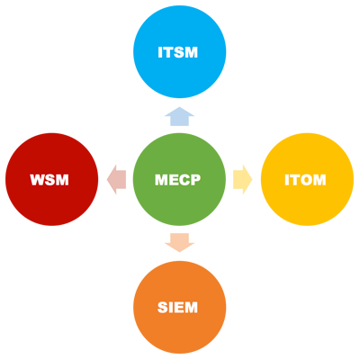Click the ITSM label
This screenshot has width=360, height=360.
click(179, 53)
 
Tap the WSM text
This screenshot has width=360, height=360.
click(49, 180)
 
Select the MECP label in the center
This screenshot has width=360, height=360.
click(179, 180)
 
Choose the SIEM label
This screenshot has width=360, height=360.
click(179, 308)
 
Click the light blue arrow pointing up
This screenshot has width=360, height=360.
click(179, 117)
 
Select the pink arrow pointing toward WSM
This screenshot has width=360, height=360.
click(116, 180)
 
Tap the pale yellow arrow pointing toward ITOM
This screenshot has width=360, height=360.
click(242, 180)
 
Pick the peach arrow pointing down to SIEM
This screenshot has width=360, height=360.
click(179, 241)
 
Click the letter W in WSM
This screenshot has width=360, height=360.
click(37, 180)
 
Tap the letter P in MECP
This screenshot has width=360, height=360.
click(195, 180)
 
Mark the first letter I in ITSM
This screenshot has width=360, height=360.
click(162, 53)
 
